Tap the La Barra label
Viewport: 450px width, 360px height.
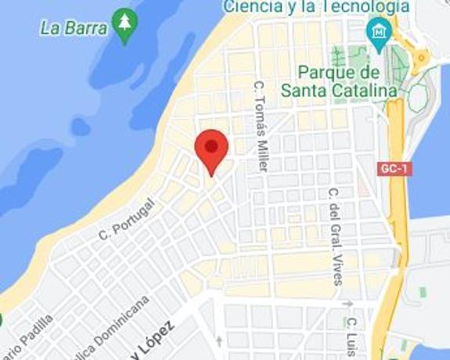click(74, 28)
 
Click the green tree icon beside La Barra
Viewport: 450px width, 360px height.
click(124, 23)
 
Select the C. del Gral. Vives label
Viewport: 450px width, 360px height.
click(336, 235)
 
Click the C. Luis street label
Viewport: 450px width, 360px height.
click(352, 337)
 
